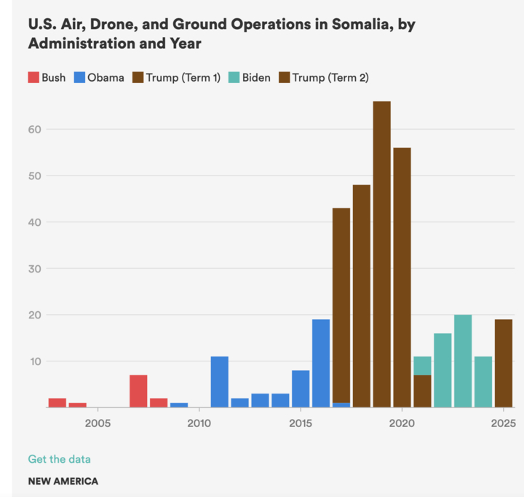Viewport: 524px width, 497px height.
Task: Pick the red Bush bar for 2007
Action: click(x=138, y=391)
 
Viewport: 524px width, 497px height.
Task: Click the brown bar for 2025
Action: click(x=504, y=363)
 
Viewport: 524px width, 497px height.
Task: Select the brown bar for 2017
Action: click(x=341, y=307)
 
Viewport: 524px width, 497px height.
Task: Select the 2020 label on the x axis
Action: click(x=402, y=423)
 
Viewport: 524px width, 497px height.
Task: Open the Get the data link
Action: click(x=59, y=459)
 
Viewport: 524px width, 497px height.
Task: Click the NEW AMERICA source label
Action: click(x=63, y=481)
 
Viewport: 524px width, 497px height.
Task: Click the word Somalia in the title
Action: click(x=348, y=24)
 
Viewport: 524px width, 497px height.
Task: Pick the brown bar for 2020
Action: click(x=402, y=277)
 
